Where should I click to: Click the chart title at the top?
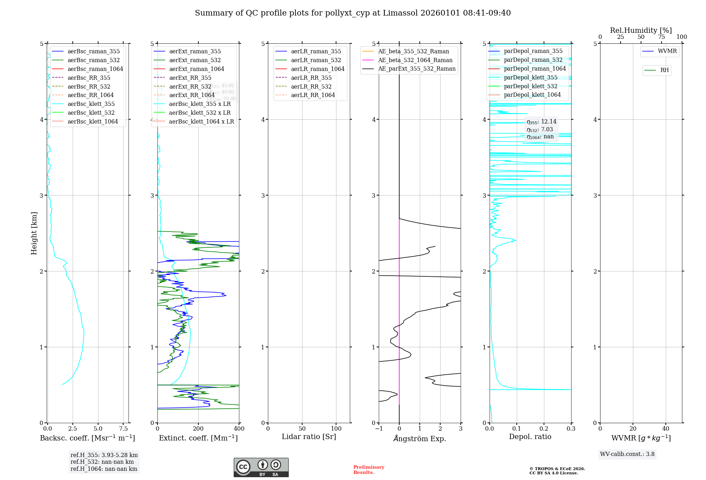pos(353,13)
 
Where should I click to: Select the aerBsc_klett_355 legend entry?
pos(91,104)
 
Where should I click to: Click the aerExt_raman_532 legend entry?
pos(195,60)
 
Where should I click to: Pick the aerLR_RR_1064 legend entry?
pos(313,95)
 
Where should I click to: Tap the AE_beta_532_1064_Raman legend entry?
pos(415,60)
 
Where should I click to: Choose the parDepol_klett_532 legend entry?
pos(530,86)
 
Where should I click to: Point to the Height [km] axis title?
pos(34,233)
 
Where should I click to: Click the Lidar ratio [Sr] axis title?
pos(309,437)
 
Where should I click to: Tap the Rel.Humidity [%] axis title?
pos(641,30)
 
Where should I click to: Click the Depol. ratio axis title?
pos(530,437)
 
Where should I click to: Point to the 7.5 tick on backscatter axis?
pos(123,428)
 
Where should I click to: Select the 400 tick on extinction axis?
pos(239,428)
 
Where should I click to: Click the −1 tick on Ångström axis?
pos(379,428)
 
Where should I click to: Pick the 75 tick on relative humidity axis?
pos(661,37)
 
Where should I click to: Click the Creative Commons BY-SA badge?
pos(261,467)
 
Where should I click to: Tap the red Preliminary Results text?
pos(369,469)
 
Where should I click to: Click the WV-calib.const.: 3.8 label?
pos(627,454)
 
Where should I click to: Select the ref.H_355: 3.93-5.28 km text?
pos(104,455)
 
